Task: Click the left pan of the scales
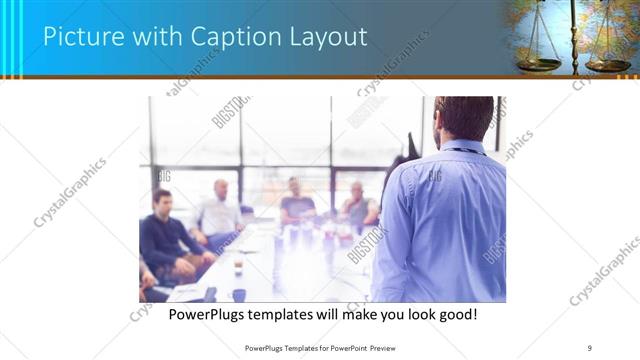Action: coord(540,63)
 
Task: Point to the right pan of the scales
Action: coord(607,65)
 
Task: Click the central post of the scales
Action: coord(573,35)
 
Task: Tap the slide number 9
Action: coord(590,347)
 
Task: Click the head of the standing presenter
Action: coord(463,118)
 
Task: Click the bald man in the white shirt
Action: coord(219,212)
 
